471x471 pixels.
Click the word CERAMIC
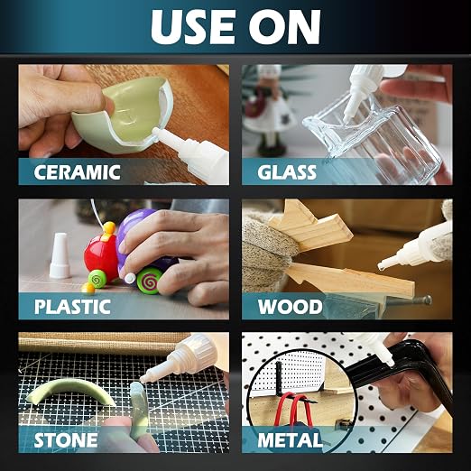click(x=77, y=172)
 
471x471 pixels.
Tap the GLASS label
click(x=287, y=172)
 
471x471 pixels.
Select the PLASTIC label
click(x=72, y=307)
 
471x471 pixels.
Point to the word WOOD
click(x=291, y=307)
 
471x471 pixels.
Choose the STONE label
click(x=66, y=440)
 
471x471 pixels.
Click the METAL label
click(x=290, y=440)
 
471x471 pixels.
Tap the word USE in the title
click(x=193, y=27)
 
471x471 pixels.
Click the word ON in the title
click(x=285, y=27)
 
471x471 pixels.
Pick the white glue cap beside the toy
click(x=60, y=255)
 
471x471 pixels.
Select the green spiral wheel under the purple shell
click(x=148, y=282)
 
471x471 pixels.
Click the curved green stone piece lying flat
click(x=71, y=392)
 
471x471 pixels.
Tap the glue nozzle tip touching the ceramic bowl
click(x=156, y=131)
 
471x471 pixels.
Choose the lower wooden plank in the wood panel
click(x=350, y=279)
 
